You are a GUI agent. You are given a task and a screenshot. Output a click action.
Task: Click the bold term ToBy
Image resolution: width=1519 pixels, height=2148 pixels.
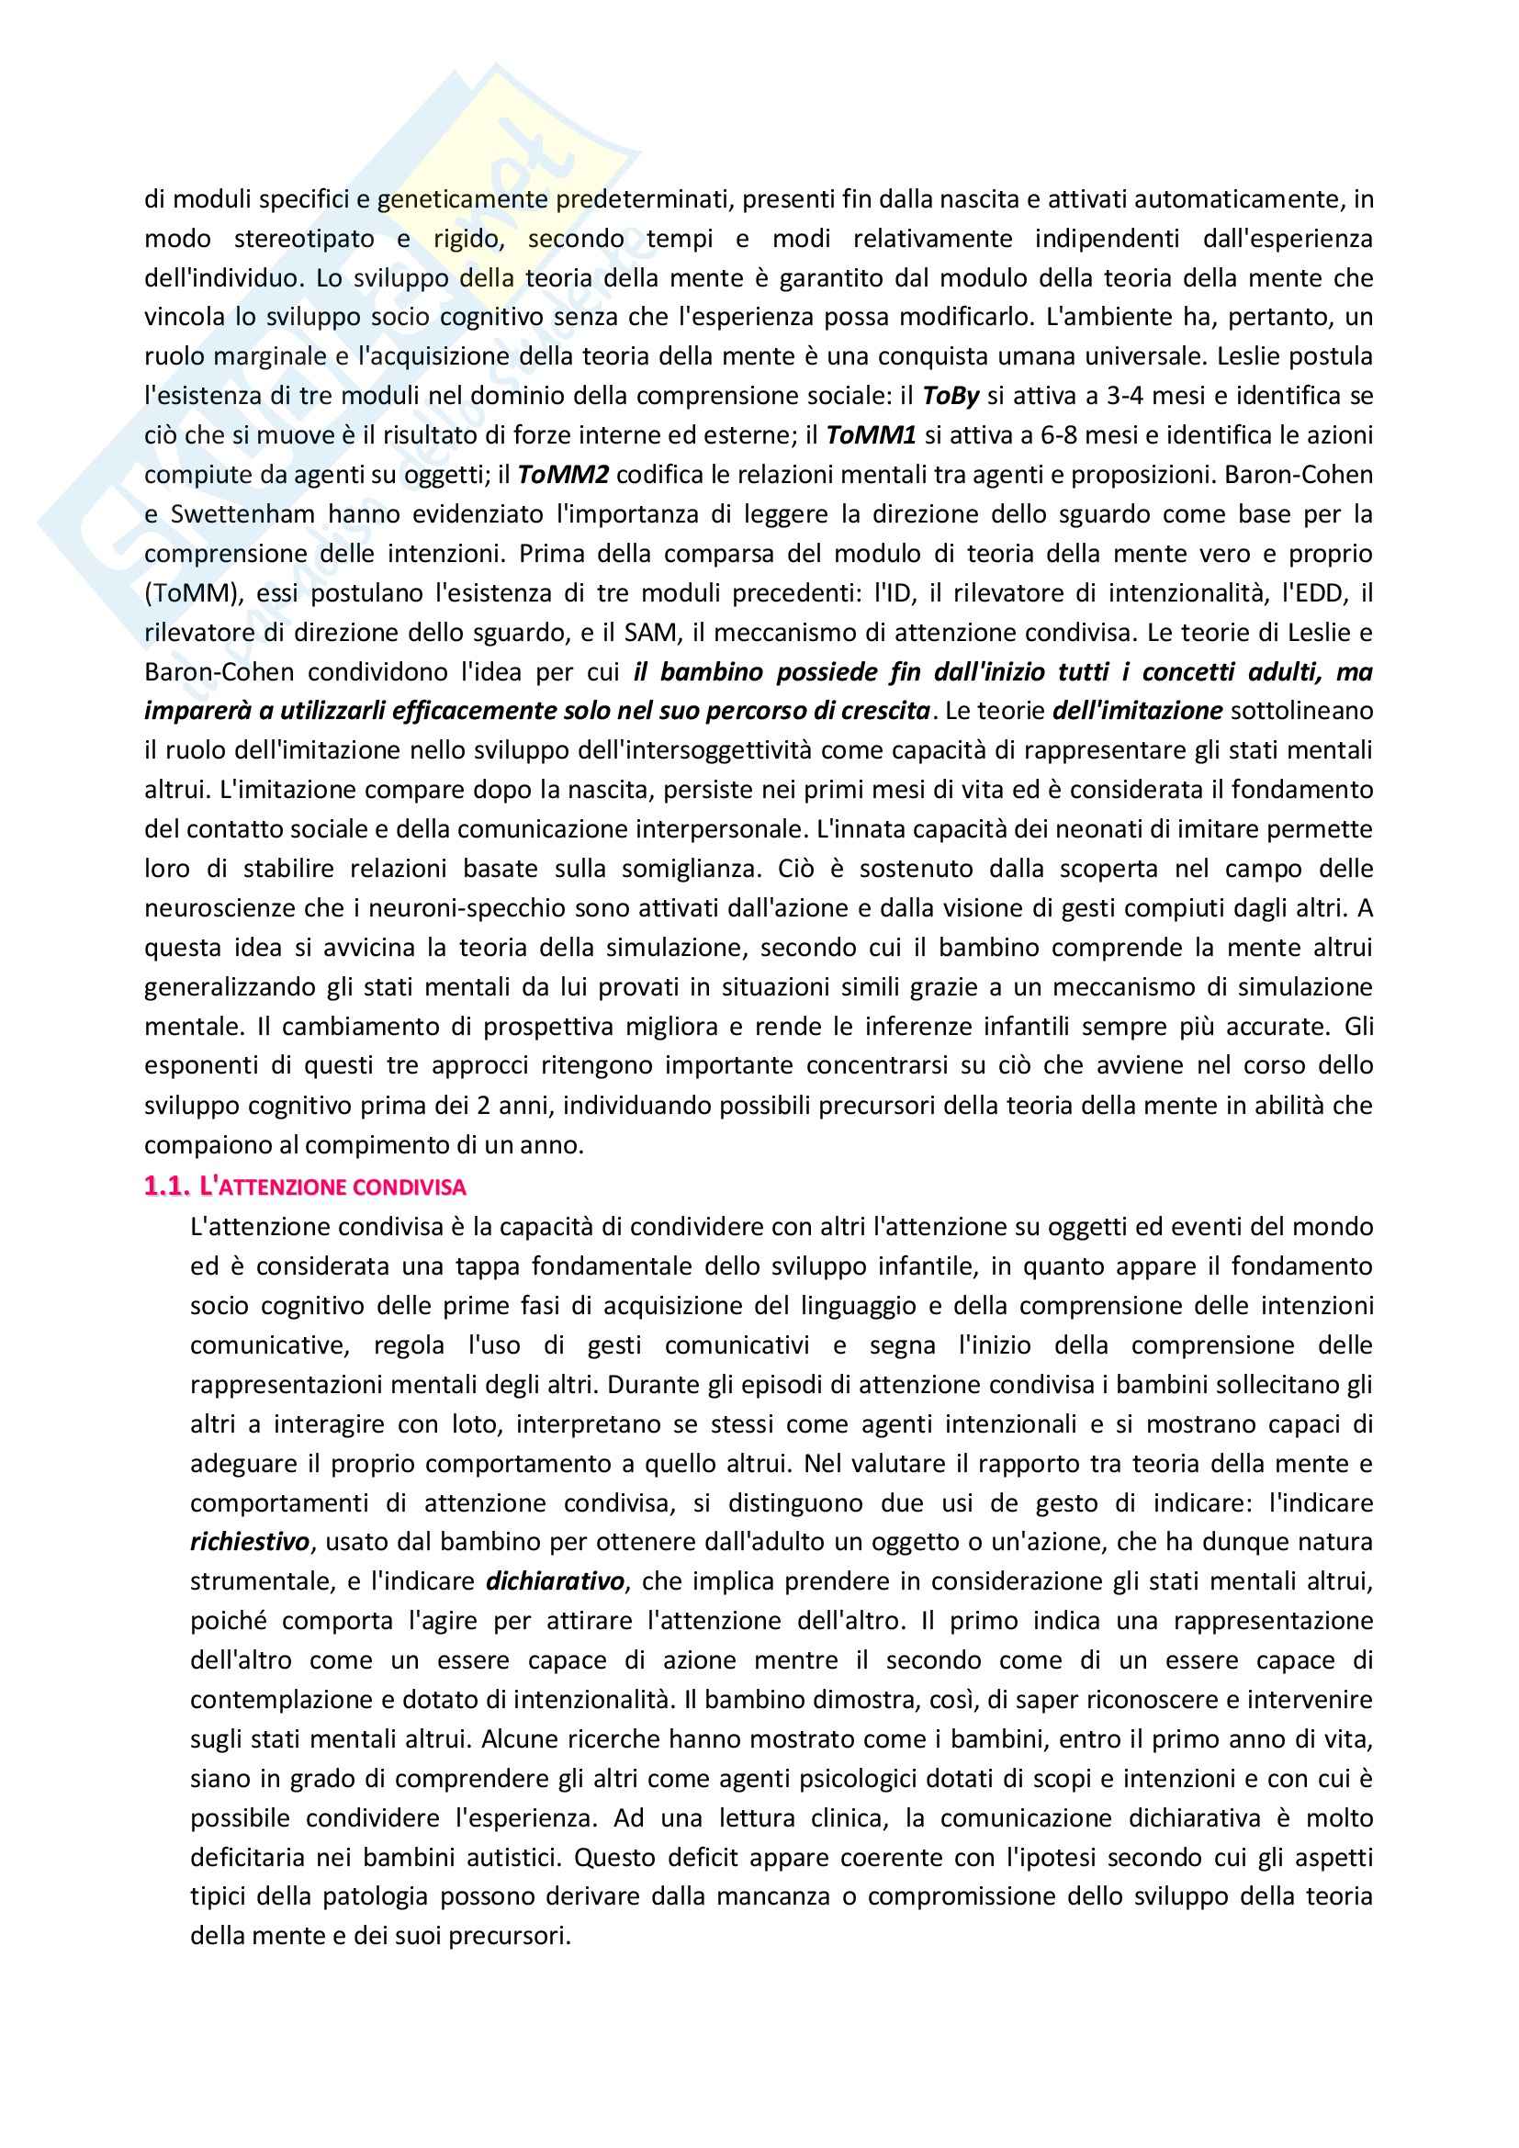[951, 396]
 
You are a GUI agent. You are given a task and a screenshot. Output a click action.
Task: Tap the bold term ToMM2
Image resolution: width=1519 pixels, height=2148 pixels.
[563, 474]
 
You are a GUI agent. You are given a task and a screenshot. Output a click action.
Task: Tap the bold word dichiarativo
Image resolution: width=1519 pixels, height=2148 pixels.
[555, 1581]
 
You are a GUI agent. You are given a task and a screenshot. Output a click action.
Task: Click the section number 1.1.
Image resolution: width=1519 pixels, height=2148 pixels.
[167, 1187]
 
